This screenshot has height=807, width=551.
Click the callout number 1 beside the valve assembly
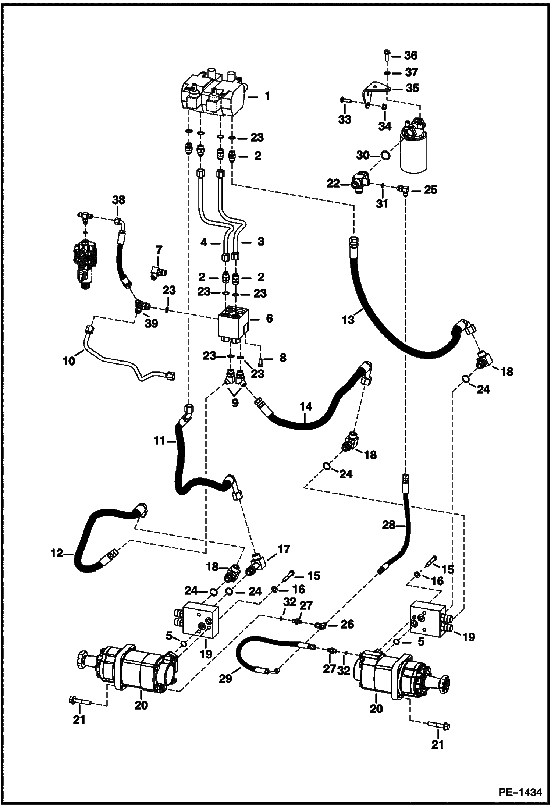(267, 96)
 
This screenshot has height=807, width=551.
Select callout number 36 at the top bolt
(410, 56)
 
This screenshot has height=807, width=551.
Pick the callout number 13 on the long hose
(348, 320)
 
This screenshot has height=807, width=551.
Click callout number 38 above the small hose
(118, 200)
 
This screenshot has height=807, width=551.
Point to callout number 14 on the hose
(306, 407)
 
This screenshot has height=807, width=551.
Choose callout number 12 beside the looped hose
(57, 553)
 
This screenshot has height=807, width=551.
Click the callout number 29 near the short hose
(225, 678)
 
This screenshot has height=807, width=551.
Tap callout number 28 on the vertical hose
(388, 526)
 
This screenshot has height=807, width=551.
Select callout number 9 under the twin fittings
(235, 402)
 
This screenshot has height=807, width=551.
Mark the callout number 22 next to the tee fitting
(333, 183)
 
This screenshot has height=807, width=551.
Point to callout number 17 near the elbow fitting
(284, 549)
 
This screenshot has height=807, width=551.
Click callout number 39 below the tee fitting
(151, 323)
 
